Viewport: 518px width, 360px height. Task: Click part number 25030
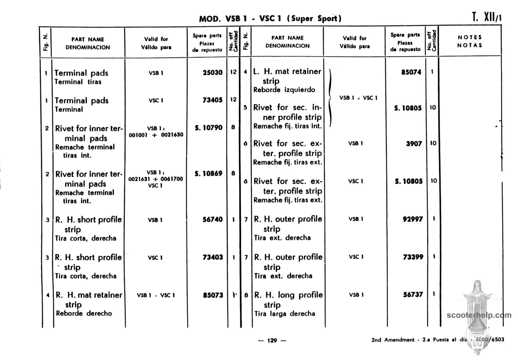(x=212, y=72)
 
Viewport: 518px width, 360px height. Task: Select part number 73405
(x=212, y=100)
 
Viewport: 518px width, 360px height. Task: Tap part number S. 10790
(x=208, y=128)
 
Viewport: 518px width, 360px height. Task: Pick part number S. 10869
(x=208, y=173)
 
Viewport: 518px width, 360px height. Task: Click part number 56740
(x=212, y=219)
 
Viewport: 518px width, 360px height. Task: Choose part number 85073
(x=213, y=295)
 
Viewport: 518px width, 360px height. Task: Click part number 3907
(x=414, y=143)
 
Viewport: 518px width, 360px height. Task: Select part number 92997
(x=413, y=219)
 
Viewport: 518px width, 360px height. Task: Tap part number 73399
(x=413, y=257)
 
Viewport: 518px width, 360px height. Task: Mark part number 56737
(x=413, y=294)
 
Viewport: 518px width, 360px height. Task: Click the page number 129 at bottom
(x=272, y=340)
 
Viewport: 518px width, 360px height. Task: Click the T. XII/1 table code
(x=487, y=17)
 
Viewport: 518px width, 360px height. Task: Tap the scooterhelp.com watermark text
(x=479, y=315)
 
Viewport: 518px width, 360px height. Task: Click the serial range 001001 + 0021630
(x=156, y=135)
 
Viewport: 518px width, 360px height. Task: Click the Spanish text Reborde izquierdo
(x=284, y=90)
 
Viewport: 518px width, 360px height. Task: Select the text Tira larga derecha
(x=285, y=314)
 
